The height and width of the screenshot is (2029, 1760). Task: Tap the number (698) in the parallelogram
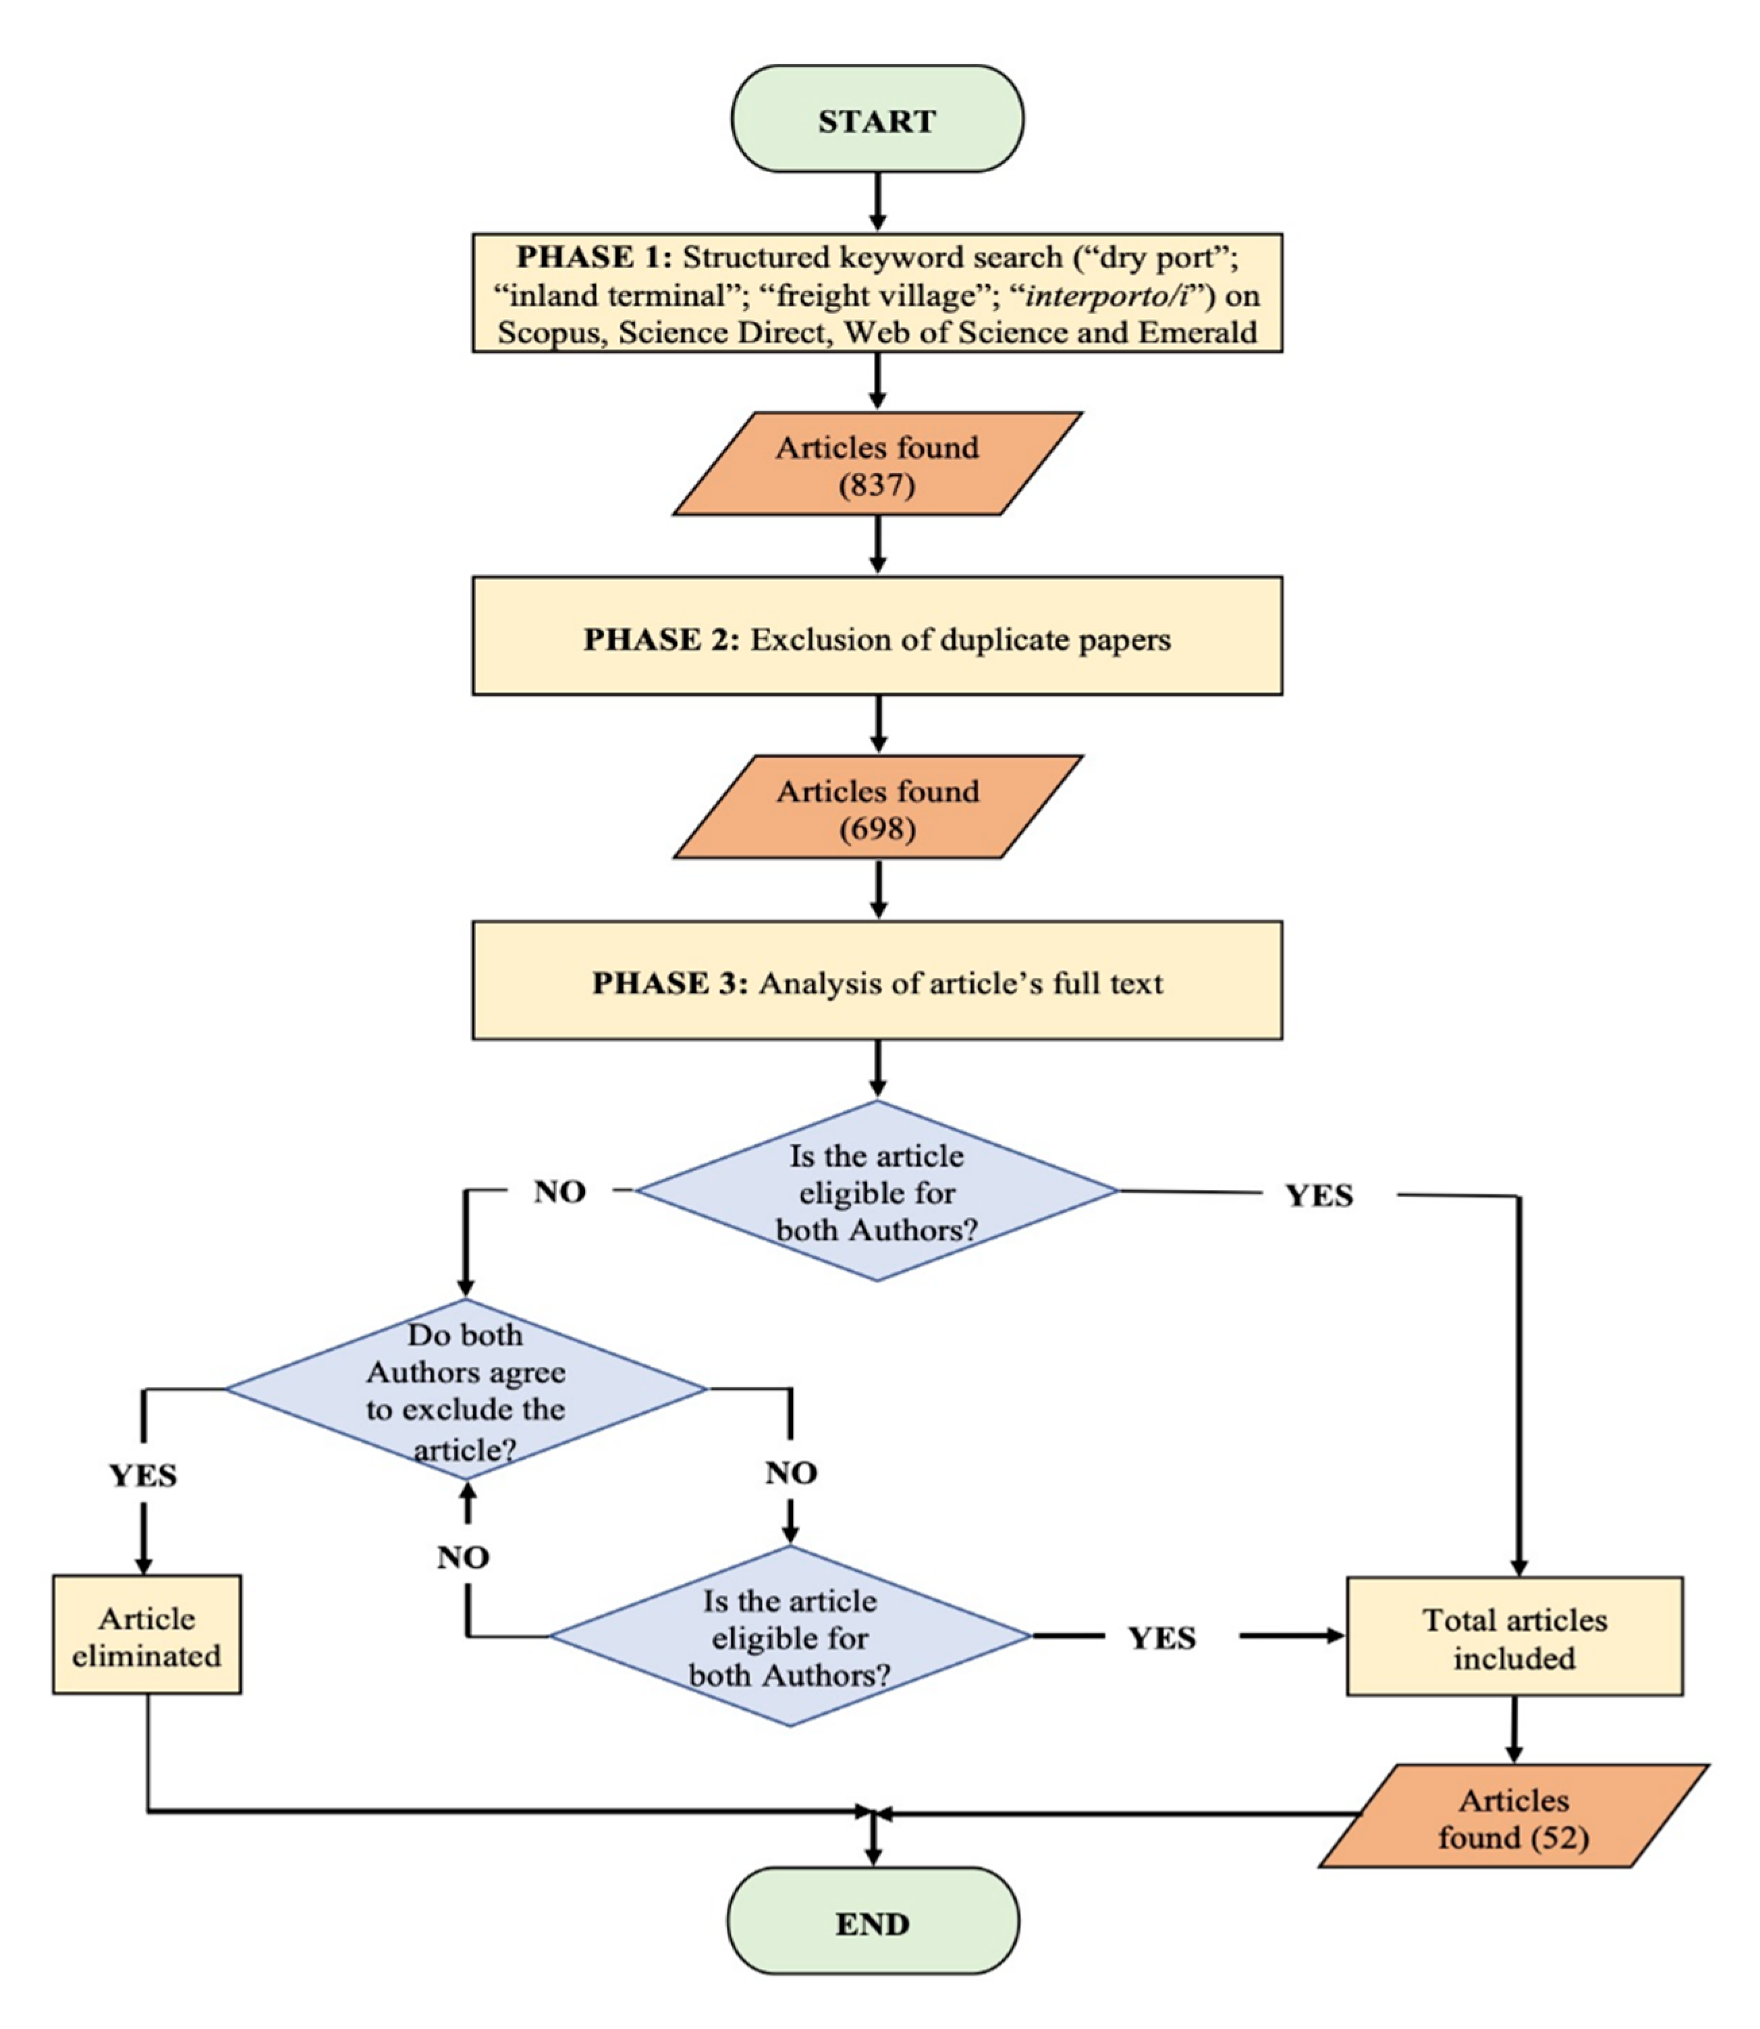[x=877, y=828]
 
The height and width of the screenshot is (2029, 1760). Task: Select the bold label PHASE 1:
[x=594, y=257]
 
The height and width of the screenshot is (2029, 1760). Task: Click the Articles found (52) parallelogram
[x=1514, y=1817]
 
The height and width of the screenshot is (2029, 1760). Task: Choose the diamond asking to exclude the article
[x=466, y=1390]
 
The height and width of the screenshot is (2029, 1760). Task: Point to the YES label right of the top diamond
[x=1319, y=1195]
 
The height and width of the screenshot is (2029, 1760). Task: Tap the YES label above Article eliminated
[x=143, y=1475]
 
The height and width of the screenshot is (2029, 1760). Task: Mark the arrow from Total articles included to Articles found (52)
[x=1514, y=1731]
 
